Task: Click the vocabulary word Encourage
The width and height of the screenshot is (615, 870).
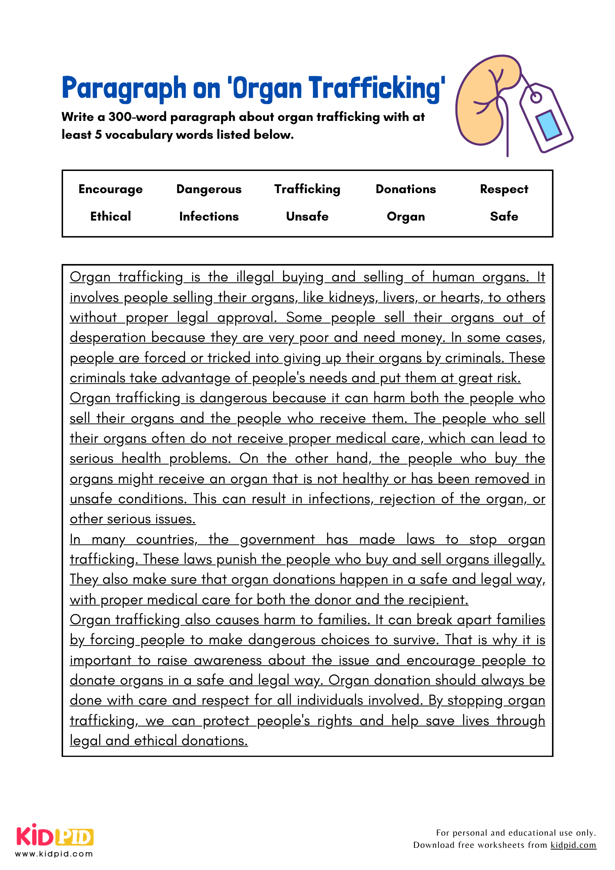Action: (x=110, y=189)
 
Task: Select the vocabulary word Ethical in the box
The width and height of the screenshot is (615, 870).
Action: (x=110, y=216)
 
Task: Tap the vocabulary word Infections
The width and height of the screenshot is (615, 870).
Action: (x=209, y=216)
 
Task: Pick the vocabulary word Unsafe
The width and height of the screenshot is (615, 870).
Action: (x=307, y=216)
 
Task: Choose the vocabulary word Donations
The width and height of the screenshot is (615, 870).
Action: (x=405, y=189)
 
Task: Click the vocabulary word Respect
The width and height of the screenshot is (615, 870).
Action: (x=504, y=189)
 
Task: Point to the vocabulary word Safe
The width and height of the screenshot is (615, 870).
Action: (x=504, y=216)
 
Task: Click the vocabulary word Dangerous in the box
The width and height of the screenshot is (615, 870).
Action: (x=209, y=189)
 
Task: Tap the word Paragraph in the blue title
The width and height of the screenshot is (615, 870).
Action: (x=124, y=88)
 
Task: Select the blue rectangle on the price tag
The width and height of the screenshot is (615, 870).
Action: (x=548, y=126)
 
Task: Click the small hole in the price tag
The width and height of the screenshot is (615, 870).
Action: (x=536, y=98)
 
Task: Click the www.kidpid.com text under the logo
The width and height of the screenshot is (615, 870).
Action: (x=54, y=853)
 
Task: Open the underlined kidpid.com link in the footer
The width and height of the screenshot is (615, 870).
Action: (x=573, y=845)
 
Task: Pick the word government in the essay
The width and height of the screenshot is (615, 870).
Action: (x=277, y=539)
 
